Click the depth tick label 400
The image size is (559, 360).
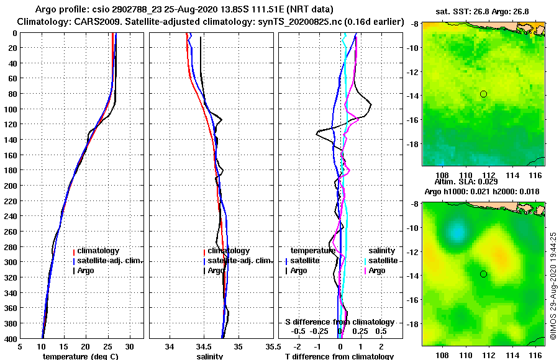tap(11, 338)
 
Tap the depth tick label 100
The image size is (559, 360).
tap(11, 109)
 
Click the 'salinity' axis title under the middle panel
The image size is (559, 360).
tap(210, 356)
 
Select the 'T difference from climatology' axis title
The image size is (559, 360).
tap(339, 356)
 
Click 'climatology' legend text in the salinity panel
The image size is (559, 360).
tap(229, 251)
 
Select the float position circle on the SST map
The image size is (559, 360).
tap(483, 94)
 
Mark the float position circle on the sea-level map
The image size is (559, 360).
tap(483, 274)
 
